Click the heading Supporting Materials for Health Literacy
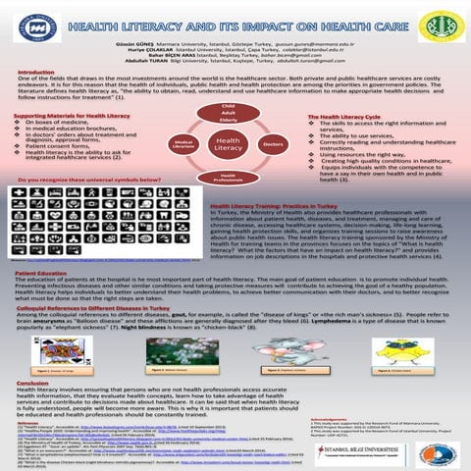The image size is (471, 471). (x=64, y=115)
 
